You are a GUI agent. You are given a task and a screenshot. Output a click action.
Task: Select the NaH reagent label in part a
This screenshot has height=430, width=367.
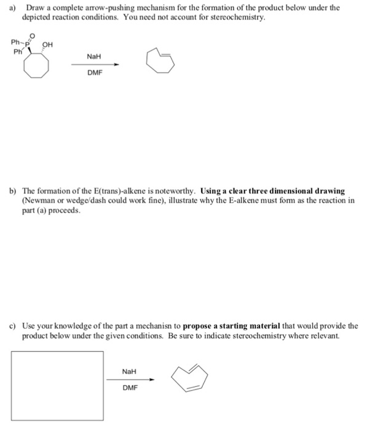tap(94, 57)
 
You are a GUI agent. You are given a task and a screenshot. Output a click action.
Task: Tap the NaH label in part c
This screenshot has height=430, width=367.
tap(129, 372)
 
